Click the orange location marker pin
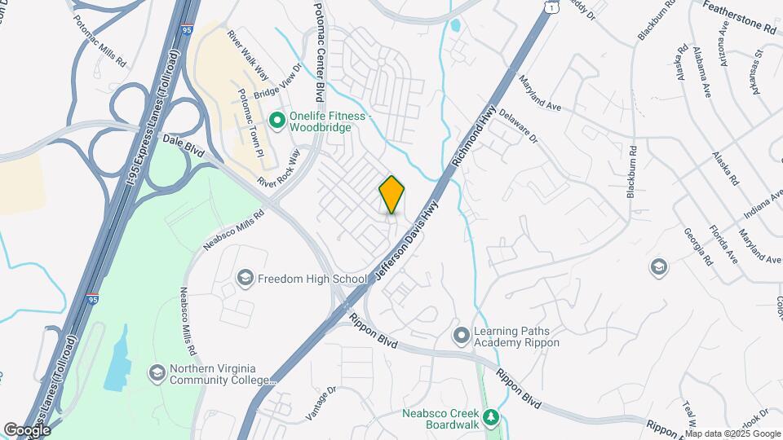pos(391,194)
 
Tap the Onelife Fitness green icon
pos(276,121)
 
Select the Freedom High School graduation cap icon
pos(245,279)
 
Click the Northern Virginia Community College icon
pos(157,373)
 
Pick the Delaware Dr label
pos(518,125)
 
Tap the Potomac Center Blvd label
pos(320,49)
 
